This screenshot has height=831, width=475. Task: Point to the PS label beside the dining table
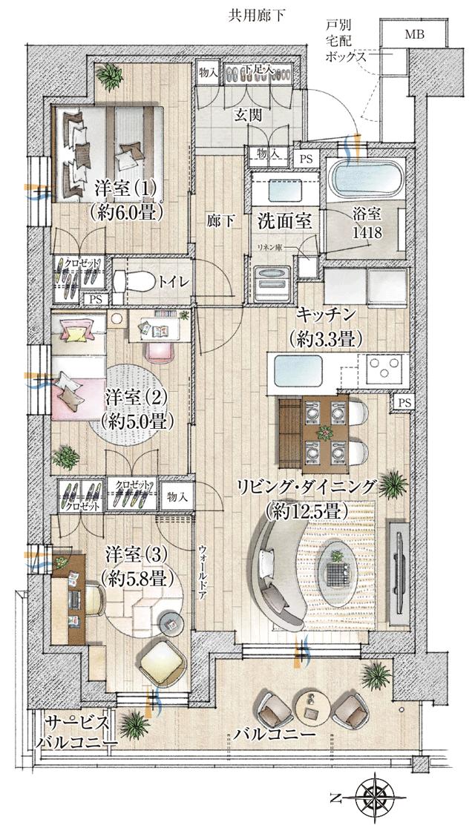point(404,401)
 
